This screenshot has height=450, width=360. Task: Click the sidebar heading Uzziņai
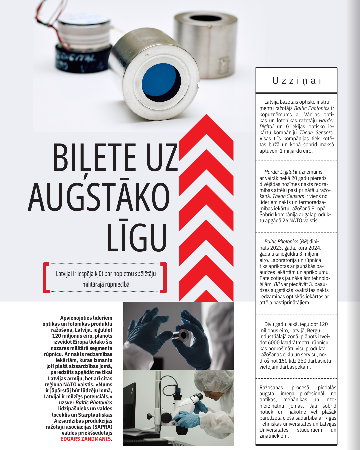coord(297,81)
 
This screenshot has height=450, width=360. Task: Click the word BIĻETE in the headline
coord(94,157)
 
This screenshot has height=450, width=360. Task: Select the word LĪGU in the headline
coord(136,237)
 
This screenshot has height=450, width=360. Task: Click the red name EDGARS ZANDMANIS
coord(86,439)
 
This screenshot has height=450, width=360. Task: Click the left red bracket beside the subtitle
coord(46,278)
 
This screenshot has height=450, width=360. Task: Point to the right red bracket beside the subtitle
coord(163,278)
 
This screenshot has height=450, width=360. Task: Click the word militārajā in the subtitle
coord(93,285)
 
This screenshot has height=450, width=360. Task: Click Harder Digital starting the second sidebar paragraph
coord(279,172)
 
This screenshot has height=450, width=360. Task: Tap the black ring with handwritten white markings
coord(80,60)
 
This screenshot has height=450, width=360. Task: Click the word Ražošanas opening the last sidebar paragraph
coord(271,388)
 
